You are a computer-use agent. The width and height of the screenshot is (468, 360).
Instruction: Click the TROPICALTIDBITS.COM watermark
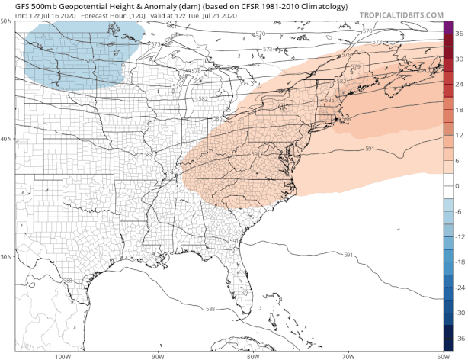click(x=401, y=14)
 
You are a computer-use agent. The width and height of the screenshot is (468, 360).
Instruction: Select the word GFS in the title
click(x=12, y=5)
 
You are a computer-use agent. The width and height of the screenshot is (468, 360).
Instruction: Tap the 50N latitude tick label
click(x=6, y=21)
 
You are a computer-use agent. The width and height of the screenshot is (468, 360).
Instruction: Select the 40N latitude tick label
click(x=6, y=139)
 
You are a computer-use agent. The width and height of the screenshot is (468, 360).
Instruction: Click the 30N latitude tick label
click(x=6, y=256)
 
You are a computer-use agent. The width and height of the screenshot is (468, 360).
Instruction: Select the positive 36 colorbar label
click(x=459, y=34)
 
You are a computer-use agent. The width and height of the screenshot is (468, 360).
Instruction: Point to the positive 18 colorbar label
click(x=459, y=109)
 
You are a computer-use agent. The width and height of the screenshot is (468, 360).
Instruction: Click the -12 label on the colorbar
click(x=459, y=236)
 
